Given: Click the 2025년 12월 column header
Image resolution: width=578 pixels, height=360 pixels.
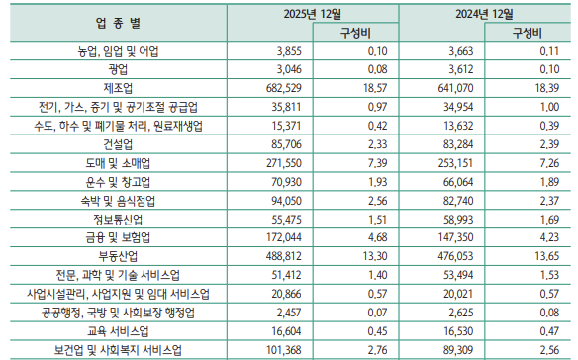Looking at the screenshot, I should [x=310, y=12].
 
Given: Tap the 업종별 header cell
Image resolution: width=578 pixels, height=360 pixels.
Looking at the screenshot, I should [x=118, y=22].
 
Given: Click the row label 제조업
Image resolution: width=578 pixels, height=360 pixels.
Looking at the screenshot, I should [x=118, y=88].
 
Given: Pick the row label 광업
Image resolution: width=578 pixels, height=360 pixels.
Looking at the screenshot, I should [x=118, y=69].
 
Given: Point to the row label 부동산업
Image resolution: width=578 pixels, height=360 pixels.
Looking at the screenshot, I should [x=118, y=256].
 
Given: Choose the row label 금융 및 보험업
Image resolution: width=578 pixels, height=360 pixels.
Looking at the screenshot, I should [x=118, y=237].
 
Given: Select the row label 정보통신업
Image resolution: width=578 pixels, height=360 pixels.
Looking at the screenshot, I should [x=118, y=219].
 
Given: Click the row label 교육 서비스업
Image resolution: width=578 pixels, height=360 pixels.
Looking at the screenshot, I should [x=118, y=331].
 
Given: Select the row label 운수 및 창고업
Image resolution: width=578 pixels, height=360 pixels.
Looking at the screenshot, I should [x=118, y=181].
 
